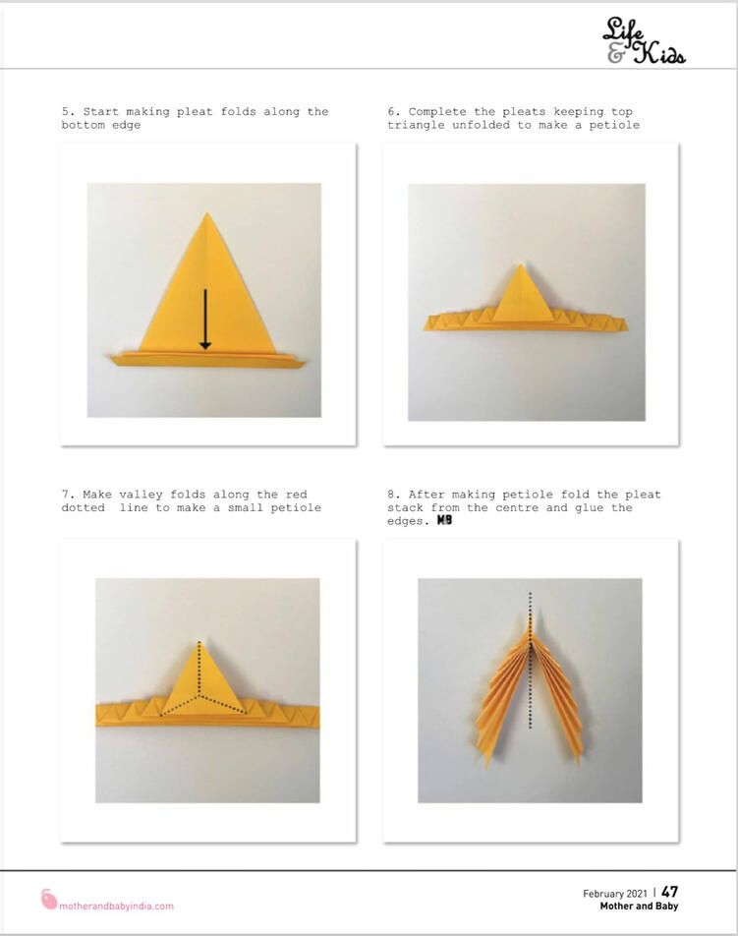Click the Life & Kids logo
[x=645, y=40]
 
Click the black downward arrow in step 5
[x=205, y=320]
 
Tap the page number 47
[x=670, y=891]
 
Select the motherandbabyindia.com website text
[x=116, y=906]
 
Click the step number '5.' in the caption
[x=69, y=112]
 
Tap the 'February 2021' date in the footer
[x=615, y=894]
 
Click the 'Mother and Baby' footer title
[x=639, y=907]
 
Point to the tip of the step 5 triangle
[x=207, y=213]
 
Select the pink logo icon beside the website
[x=49, y=899]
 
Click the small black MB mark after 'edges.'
[x=444, y=520]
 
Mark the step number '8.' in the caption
[x=394, y=495]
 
